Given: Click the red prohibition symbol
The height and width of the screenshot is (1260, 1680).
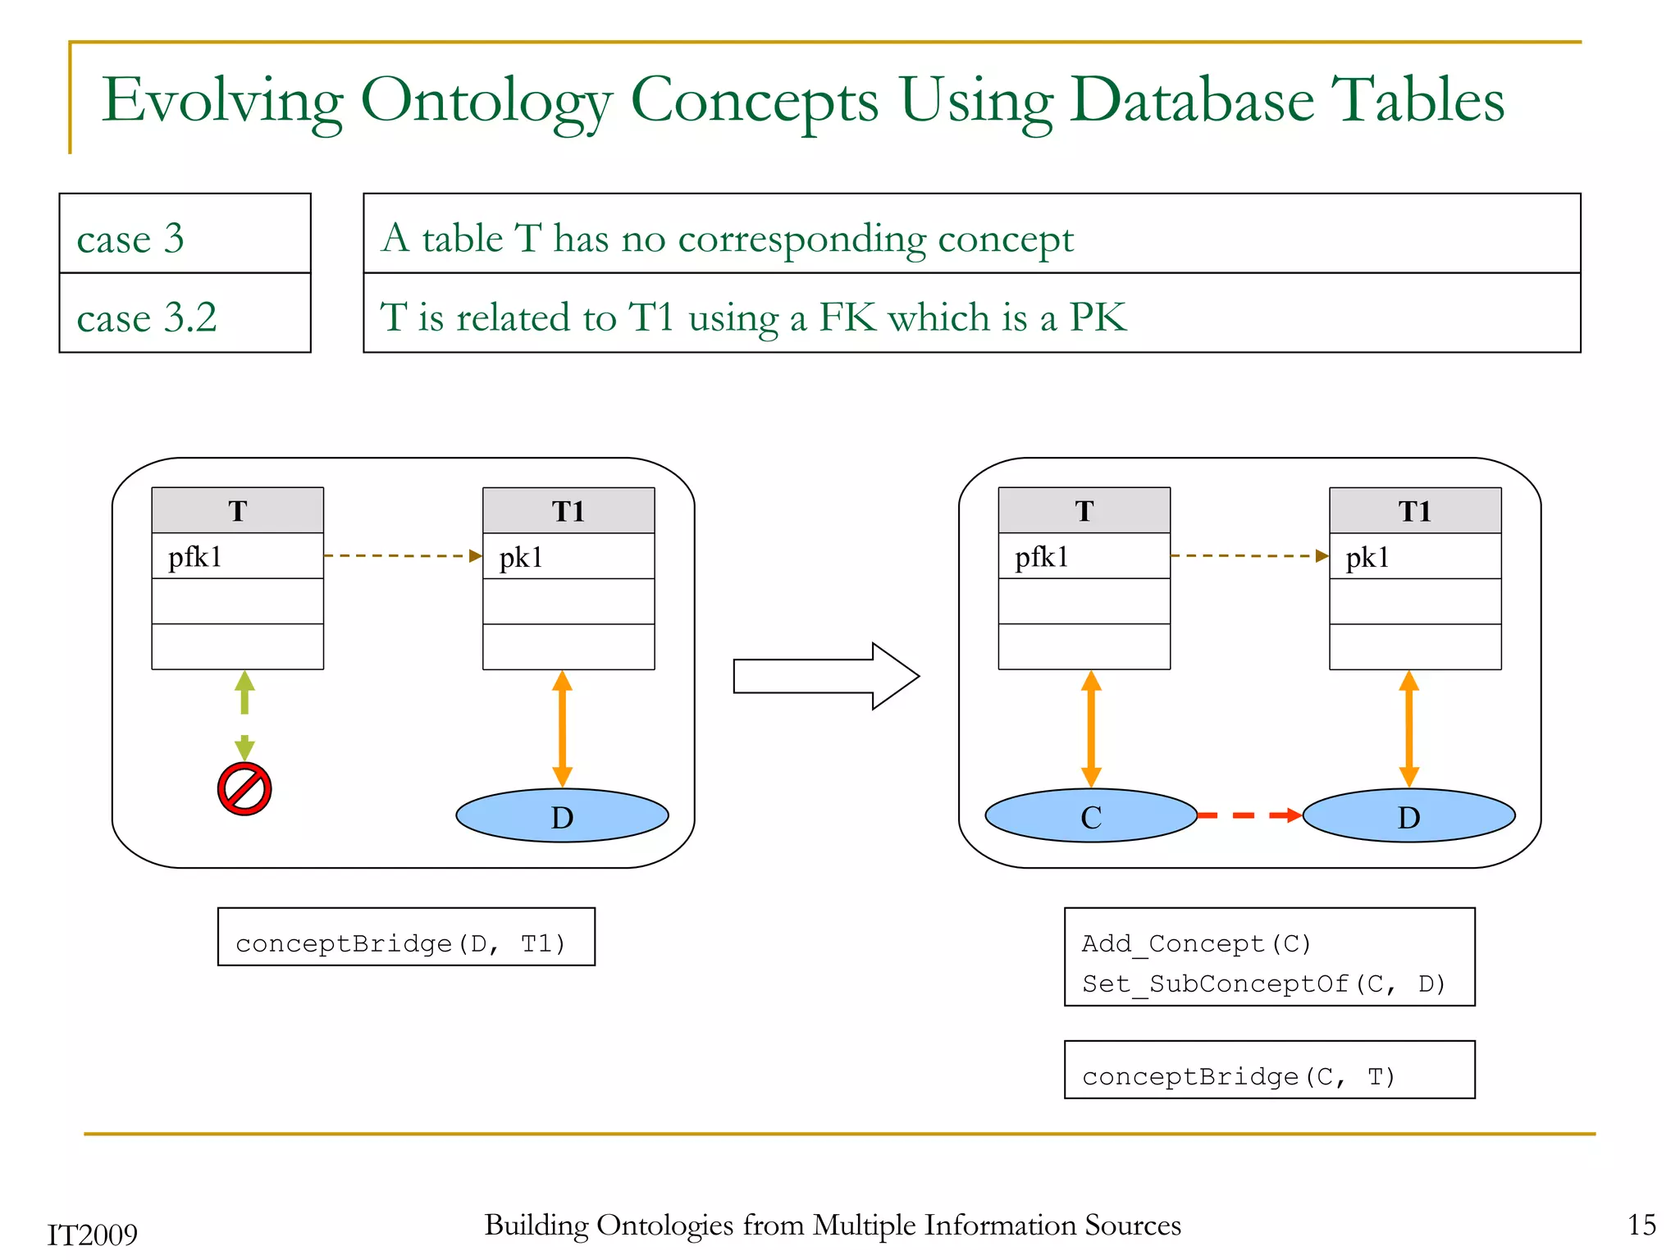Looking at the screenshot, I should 244,789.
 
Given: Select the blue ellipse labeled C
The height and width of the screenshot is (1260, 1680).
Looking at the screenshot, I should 1090,815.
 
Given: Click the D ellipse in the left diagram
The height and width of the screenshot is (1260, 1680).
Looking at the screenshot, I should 562,815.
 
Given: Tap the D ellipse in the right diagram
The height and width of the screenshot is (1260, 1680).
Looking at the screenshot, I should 1408,815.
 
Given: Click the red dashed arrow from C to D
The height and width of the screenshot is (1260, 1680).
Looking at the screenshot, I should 1249,815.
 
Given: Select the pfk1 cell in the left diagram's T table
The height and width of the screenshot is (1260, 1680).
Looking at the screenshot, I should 237,557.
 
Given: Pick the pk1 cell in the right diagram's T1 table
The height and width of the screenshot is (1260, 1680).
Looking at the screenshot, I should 1414,557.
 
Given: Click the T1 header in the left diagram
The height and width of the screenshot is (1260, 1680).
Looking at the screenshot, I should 568,511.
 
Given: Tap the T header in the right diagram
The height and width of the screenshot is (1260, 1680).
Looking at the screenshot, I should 1084,511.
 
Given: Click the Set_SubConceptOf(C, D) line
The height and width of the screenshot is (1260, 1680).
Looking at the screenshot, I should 1263,984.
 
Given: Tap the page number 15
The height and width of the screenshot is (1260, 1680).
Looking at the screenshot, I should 1641,1225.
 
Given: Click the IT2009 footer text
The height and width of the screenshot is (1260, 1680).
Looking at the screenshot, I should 92,1235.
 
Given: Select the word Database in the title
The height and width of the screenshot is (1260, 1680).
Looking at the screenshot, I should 1192,101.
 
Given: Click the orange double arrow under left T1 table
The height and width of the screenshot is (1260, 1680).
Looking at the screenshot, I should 562,728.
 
